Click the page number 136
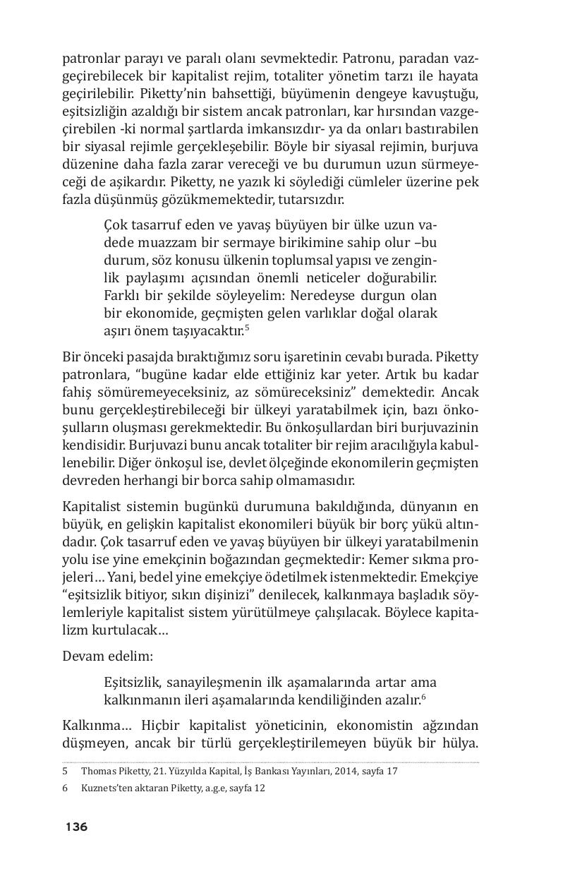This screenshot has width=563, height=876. coord(76,827)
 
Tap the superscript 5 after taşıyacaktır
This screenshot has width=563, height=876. coord(248,327)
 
